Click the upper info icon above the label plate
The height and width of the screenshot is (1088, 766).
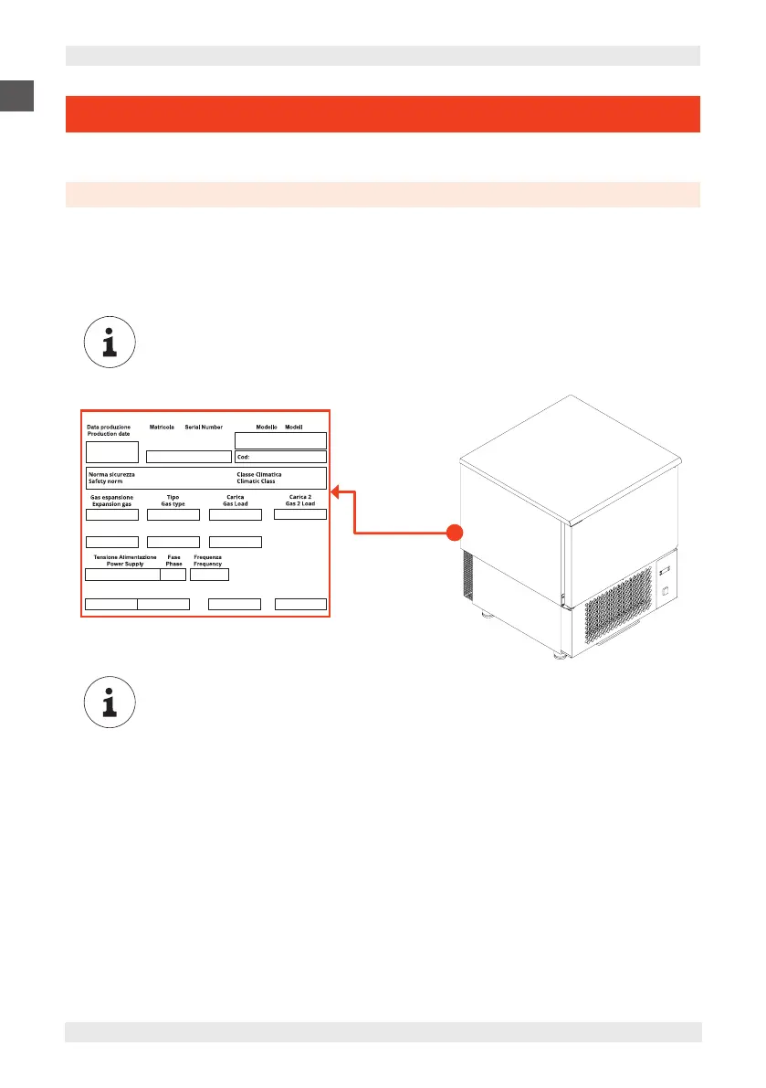click(109, 344)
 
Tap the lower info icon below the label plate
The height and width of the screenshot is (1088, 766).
click(109, 704)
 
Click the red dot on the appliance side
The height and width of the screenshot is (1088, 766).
click(455, 532)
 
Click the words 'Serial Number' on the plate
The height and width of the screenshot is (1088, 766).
click(204, 427)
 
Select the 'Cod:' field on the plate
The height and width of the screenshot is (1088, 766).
click(280, 457)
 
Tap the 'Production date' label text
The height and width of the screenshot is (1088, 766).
click(108, 434)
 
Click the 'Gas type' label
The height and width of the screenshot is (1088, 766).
click(173, 503)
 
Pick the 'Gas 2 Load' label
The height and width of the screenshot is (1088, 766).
click(300, 503)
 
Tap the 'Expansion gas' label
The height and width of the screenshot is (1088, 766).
click(111, 503)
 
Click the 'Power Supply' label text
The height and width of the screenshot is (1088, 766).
click(125, 564)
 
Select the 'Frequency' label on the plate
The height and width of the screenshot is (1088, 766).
click(208, 564)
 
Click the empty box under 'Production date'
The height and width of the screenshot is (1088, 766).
click(111, 451)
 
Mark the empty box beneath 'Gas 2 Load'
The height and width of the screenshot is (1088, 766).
click(300, 514)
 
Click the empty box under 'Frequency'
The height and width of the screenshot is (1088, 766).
click(209, 575)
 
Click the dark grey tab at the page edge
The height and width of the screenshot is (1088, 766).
click(16, 94)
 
